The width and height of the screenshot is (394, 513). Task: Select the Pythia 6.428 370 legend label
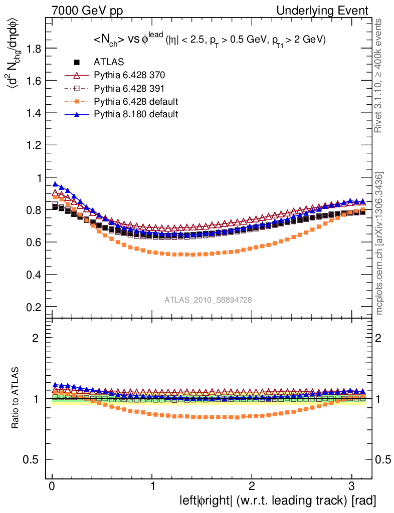(x=129, y=75)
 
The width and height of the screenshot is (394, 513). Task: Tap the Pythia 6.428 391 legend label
(x=129, y=88)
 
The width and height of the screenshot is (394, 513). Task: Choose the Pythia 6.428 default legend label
(x=136, y=101)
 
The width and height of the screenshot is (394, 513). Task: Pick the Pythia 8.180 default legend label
(x=136, y=114)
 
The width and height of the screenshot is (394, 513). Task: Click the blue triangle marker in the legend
(x=77, y=114)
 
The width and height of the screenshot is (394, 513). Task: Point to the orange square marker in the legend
(x=77, y=101)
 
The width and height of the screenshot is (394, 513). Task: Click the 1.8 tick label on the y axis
(x=34, y=48)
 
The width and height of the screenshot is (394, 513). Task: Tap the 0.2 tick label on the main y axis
(x=34, y=307)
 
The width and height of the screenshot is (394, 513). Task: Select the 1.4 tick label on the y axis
(x=34, y=113)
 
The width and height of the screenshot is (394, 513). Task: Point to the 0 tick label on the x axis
(x=52, y=486)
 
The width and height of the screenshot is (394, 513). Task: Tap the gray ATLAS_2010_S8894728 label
(x=208, y=300)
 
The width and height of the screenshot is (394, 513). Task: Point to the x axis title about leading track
(x=278, y=500)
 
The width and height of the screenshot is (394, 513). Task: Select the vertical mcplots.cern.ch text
(x=379, y=243)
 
